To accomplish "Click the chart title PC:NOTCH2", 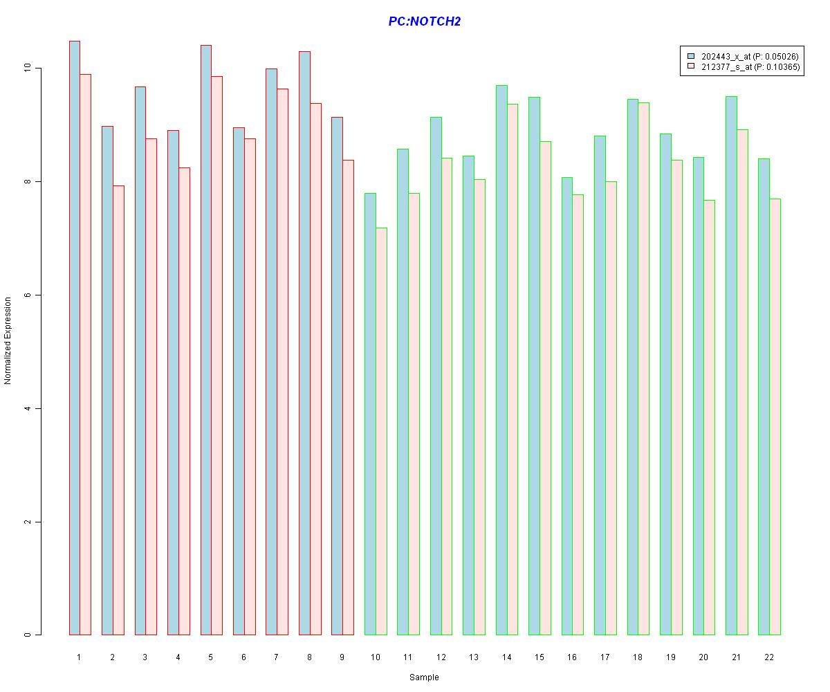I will click(424, 21).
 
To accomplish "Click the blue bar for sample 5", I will click(206, 340).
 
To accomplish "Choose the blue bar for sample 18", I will click(633, 367).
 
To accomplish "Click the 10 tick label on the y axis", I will click(28, 69).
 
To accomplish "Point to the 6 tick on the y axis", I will click(28, 295).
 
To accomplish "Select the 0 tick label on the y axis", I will click(28, 635).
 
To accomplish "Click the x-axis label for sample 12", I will click(441, 656).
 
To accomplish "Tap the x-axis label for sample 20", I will click(703, 656).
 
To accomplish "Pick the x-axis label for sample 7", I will click(277, 656).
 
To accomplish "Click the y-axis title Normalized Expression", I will click(8, 340).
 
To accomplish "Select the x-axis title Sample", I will click(423, 677).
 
